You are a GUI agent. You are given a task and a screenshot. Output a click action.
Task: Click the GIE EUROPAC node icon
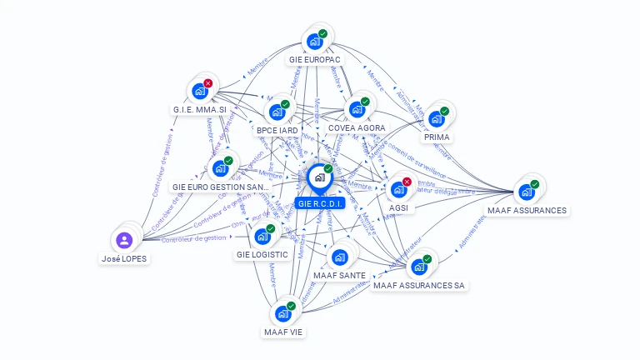(x=315, y=41)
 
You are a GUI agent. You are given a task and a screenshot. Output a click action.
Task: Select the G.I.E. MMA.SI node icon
(x=200, y=91)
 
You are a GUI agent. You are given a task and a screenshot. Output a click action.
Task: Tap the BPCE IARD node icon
(x=277, y=112)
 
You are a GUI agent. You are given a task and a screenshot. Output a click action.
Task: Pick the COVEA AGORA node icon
(x=357, y=109)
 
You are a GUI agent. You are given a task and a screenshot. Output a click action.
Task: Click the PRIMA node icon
(x=437, y=118)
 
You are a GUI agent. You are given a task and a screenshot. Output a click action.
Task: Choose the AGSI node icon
(x=398, y=189)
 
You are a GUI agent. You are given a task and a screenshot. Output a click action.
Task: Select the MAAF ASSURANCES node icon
(x=527, y=192)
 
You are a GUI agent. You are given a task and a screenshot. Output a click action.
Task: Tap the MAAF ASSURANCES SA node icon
(x=419, y=267)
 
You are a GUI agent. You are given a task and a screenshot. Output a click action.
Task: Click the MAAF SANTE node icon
(x=339, y=257)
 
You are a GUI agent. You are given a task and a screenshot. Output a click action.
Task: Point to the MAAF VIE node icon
(x=283, y=313)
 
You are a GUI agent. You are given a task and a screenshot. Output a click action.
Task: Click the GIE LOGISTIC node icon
(x=262, y=236)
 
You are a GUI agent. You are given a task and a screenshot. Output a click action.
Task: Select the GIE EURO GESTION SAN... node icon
(x=220, y=167)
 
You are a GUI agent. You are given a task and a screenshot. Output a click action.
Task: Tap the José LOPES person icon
(x=124, y=240)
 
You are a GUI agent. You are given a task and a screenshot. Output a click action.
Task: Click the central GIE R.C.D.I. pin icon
(x=319, y=177)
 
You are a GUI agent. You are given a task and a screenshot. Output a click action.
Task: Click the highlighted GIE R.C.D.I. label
(x=320, y=203)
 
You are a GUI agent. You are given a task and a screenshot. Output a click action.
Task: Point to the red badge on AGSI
(x=407, y=182)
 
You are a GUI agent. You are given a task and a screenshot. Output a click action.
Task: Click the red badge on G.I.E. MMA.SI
(x=208, y=83)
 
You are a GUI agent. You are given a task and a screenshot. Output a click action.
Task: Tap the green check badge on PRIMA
(x=445, y=111)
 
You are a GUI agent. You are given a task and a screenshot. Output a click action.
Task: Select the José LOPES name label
(x=124, y=258)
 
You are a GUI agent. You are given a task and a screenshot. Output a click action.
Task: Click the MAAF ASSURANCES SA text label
(x=419, y=285)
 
